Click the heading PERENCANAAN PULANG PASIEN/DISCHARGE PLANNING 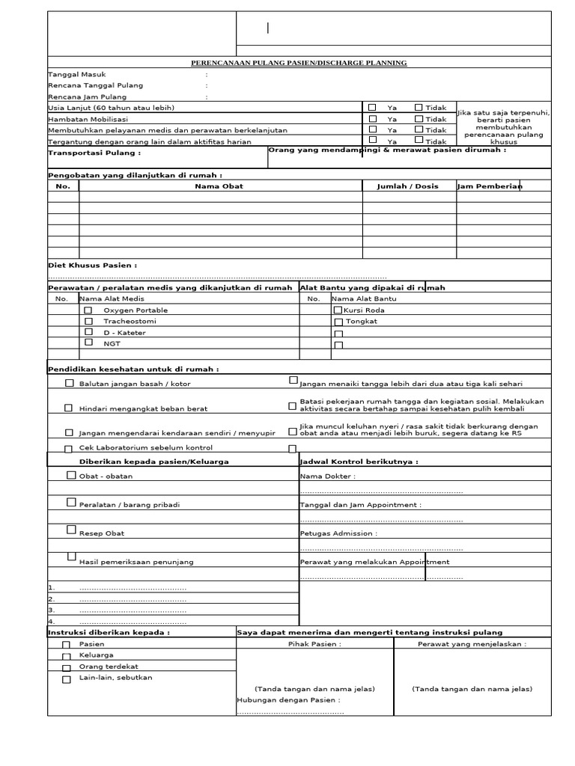coord(299,63)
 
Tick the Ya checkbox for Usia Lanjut coord(373,107)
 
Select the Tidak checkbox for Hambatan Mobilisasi coord(419,118)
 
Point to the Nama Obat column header coord(219,186)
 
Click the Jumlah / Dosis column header coord(408,186)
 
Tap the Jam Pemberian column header coord(489,186)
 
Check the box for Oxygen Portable coord(88,309)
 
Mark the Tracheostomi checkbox coord(88,320)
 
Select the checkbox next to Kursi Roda coord(338,309)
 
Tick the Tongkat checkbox coord(338,321)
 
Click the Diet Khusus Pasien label coord(93,265)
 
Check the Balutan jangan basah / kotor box coord(69,383)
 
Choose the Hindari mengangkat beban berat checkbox coord(69,408)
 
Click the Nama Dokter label coord(327,476)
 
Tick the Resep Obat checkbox coord(71,530)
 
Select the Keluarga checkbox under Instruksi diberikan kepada coord(66,656)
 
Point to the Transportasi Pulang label coord(94,153)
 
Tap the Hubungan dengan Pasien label coord(288,700)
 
